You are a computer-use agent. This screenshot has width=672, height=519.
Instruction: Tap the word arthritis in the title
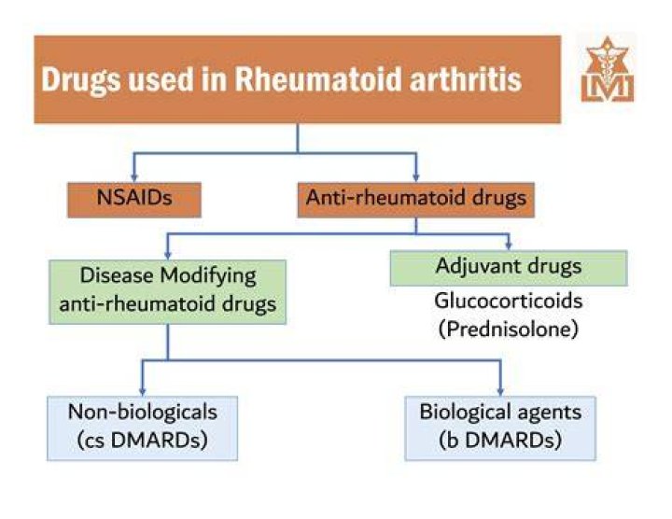466,79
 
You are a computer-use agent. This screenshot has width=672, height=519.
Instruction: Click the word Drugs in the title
81,81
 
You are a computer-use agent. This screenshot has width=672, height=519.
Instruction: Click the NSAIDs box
134,200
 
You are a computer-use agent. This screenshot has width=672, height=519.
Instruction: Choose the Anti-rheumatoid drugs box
415,200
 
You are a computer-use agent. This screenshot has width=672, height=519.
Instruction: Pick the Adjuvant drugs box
509,268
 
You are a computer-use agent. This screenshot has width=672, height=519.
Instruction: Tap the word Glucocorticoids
509,301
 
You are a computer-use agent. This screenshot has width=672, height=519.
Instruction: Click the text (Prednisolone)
509,330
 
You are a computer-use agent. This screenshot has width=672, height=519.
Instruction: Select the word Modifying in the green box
208,276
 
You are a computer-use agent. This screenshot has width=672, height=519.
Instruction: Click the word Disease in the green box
117,275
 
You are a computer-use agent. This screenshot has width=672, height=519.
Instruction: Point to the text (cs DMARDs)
142,440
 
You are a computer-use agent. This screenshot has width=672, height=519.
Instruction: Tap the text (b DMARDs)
500,440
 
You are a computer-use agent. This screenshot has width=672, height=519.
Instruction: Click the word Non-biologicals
142,412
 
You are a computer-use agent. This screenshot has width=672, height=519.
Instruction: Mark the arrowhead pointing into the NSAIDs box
134,177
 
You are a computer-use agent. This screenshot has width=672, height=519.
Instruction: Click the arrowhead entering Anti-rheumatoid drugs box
415,177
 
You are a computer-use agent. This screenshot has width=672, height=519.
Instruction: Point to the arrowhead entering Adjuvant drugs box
509,245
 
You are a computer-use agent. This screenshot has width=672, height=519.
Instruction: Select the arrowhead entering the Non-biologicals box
142,391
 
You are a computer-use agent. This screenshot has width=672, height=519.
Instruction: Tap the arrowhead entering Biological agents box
500,391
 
